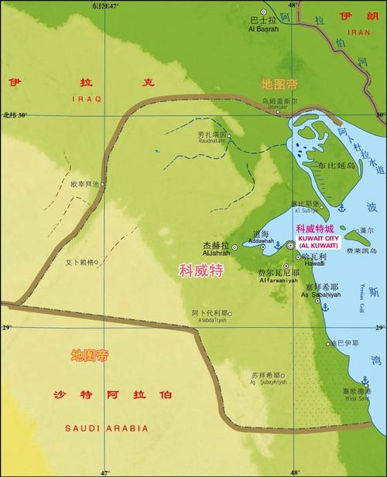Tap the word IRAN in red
(x=359, y=32)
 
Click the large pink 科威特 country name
(x=201, y=271)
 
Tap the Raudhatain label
(x=213, y=142)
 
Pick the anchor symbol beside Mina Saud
(x=365, y=380)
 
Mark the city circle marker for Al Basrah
(x=263, y=12)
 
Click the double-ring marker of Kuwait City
(x=291, y=245)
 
